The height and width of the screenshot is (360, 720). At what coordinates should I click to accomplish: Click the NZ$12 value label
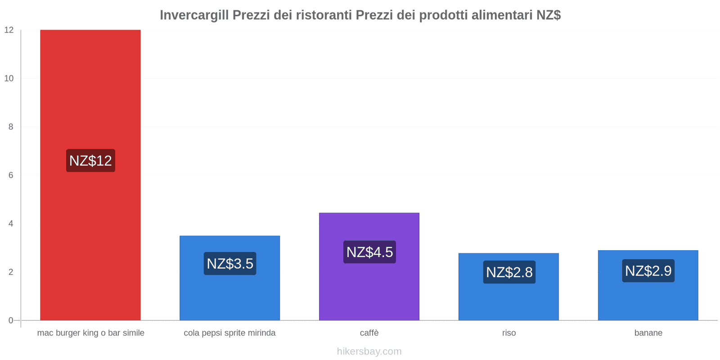coord(90,161)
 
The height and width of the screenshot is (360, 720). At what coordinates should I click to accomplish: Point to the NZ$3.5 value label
coord(230,263)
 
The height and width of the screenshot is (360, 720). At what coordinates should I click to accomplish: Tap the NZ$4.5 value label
coord(369,252)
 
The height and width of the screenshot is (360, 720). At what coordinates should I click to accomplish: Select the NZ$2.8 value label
coord(509,272)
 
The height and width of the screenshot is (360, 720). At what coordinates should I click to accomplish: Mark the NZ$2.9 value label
coord(648,271)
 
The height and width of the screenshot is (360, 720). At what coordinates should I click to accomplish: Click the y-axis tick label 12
coord(9,30)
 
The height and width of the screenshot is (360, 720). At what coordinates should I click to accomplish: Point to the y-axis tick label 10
coord(9,78)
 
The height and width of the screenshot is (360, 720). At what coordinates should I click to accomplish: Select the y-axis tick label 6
coord(11,175)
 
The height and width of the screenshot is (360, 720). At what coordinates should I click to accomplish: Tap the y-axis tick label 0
coord(11,320)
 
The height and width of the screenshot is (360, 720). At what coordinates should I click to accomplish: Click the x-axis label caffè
coord(369,333)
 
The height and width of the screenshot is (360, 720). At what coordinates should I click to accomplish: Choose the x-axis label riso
coord(509,333)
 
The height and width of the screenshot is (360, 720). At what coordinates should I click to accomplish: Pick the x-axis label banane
coord(648,333)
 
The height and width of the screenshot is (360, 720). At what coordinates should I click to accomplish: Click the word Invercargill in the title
coord(194,15)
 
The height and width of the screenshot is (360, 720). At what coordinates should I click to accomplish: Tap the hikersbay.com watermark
coord(369,351)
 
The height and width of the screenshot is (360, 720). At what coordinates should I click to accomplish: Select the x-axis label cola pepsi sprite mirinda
coord(229,333)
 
